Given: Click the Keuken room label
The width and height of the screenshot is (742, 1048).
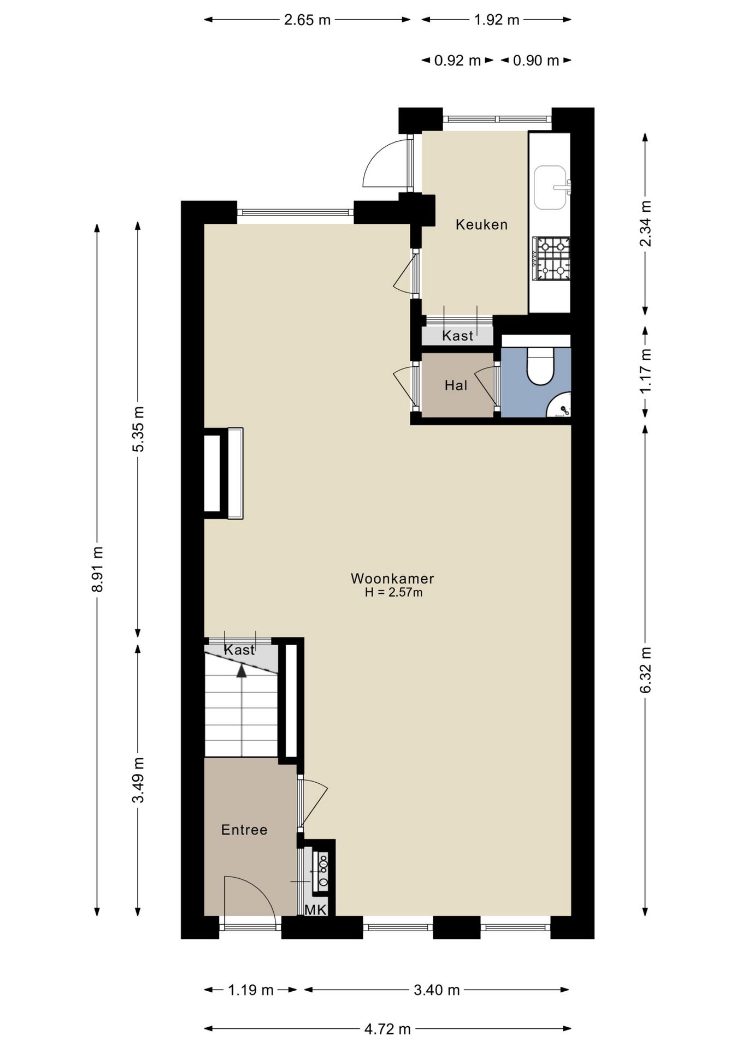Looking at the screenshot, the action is point(481,224).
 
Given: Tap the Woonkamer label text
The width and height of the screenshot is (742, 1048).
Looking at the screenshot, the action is point(392,578).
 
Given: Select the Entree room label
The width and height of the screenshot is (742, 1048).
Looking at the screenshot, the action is point(244,830).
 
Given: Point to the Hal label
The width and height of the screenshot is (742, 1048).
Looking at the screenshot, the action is point(456,385).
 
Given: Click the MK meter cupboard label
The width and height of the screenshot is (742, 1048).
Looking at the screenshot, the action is point(315,910).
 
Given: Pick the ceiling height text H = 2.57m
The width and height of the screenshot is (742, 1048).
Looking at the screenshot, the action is point(393,592).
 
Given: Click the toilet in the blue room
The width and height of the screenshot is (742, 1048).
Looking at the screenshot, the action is point(540,366).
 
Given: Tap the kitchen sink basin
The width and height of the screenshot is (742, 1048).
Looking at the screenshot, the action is point(550,187).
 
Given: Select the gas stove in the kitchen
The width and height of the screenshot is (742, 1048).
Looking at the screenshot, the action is point(552,259).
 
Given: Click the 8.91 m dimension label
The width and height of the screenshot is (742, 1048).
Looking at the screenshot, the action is point(97,569).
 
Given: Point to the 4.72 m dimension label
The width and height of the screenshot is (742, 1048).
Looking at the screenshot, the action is point(387,1029).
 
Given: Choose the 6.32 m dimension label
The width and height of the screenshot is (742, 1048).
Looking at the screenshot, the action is point(645,670).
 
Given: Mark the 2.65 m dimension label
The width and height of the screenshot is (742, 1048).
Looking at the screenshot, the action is point(307,20).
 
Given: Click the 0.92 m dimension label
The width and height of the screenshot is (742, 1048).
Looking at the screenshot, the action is point(457,61).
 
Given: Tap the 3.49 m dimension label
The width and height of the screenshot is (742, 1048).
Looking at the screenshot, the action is point(138,780).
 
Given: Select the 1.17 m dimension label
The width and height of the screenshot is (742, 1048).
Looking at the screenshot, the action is point(645,371).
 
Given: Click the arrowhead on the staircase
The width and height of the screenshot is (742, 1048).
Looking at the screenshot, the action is point(242,670).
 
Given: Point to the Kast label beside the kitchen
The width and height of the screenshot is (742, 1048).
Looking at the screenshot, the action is point(458,336).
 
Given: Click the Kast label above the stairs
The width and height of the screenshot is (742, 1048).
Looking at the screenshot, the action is point(239,650).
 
